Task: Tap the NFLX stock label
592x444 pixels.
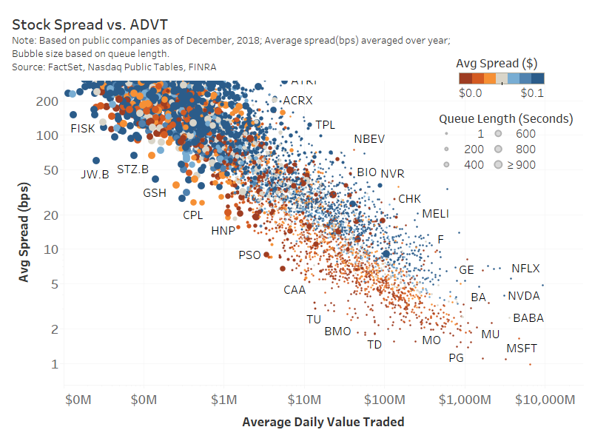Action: [x=525, y=269]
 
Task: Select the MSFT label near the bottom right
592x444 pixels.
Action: [x=521, y=349]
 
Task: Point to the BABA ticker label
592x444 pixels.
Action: [x=528, y=318]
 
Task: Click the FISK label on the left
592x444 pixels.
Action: [x=82, y=129]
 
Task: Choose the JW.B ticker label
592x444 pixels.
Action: [x=95, y=175]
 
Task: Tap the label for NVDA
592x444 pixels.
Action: [x=523, y=296]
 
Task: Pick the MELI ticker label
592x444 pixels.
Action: [x=436, y=214]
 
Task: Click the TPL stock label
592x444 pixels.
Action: [x=325, y=125]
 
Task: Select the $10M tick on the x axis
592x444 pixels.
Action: [x=303, y=400]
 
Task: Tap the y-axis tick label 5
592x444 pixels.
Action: [x=55, y=283]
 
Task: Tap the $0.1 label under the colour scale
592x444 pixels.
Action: [x=533, y=92]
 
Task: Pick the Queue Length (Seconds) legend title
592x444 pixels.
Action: [x=505, y=118]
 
